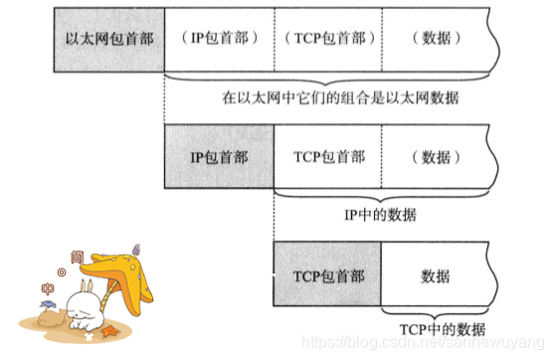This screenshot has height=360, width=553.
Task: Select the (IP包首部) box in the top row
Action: click(x=218, y=37)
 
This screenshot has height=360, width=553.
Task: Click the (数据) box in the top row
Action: click(x=436, y=37)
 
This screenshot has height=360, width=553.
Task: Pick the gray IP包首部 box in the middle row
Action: click(x=218, y=156)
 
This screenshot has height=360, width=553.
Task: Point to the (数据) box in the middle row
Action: click(x=436, y=156)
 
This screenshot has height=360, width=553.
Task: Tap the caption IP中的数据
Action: click(x=380, y=215)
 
